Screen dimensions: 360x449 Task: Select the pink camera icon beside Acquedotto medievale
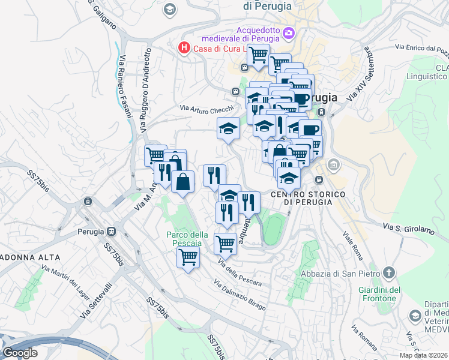pyautogui.click(x=289, y=32)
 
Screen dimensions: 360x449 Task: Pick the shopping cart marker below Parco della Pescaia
pyautogui.click(x=188, y=258)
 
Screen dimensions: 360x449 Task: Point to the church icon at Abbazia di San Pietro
pyautogui.click(x=390, y=272)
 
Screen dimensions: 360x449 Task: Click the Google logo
pyautogui.click(x=20, y=353)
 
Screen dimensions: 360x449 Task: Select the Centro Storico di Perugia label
pyautogui.click(x=308, y=198)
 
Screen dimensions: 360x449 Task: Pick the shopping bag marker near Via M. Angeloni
pyautogui.click(x=182, y=181)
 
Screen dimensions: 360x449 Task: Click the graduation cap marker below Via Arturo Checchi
pyautogui.click(x=228, y=128)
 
